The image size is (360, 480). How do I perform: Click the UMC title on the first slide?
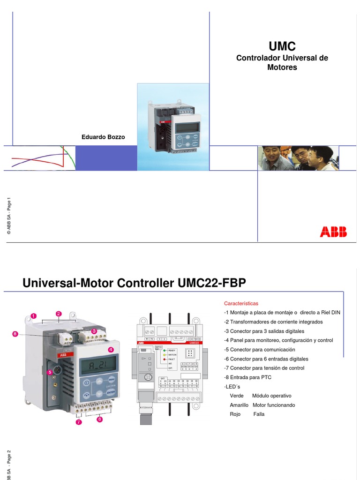click(x=282, y=46)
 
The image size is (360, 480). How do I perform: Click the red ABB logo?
click(x=333, y=232)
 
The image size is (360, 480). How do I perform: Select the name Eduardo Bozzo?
click(x=103, y=137)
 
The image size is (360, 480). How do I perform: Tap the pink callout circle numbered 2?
click(x=59, y=313)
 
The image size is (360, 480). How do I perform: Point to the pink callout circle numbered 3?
click(x=94, y=331)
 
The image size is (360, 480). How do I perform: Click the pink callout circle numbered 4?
click(x=111, y=350)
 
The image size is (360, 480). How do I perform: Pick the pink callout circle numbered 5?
click(x=49, y=372)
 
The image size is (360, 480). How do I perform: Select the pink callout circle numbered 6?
click(x=99, y=420)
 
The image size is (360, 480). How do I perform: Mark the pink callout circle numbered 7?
click(x=78, y=422)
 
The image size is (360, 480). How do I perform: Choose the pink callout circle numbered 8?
click(x=15, y=334)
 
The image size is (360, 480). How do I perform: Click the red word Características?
click(x=240, y=304)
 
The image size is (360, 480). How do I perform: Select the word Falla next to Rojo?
click(x=259, y=414)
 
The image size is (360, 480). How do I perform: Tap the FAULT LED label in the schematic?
click(x=172, y=359)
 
